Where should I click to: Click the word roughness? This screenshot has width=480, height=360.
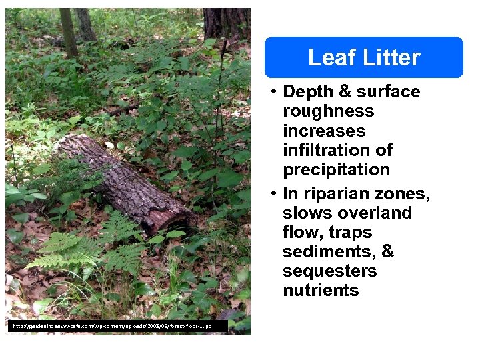[x=329, y=111]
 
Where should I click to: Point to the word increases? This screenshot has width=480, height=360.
[x=324, y=130]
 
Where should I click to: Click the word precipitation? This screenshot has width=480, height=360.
[x=336, y=169]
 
